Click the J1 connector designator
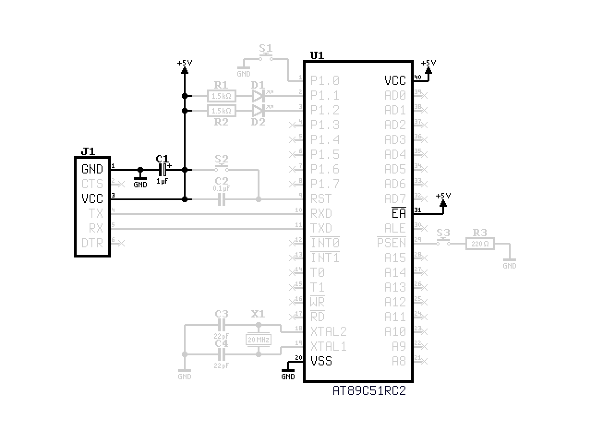pos(88,151)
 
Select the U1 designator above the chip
pos(317,56)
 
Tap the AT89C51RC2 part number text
pos(369,391)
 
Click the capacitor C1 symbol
pos(163,170)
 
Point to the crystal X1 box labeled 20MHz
pos(258,340)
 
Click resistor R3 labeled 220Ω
pos(480,244)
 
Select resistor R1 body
pos(222,96)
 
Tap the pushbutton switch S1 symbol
pos(265,58)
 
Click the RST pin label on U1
pos(321,199)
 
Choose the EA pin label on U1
pos(398,213)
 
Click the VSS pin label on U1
pos(321,361)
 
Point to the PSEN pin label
pos(391,243)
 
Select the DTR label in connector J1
pos(92,243)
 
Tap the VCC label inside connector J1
pos(92,199)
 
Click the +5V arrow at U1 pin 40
pos(429,70)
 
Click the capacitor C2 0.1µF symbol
pos(222,199)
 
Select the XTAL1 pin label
pos(328,347)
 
